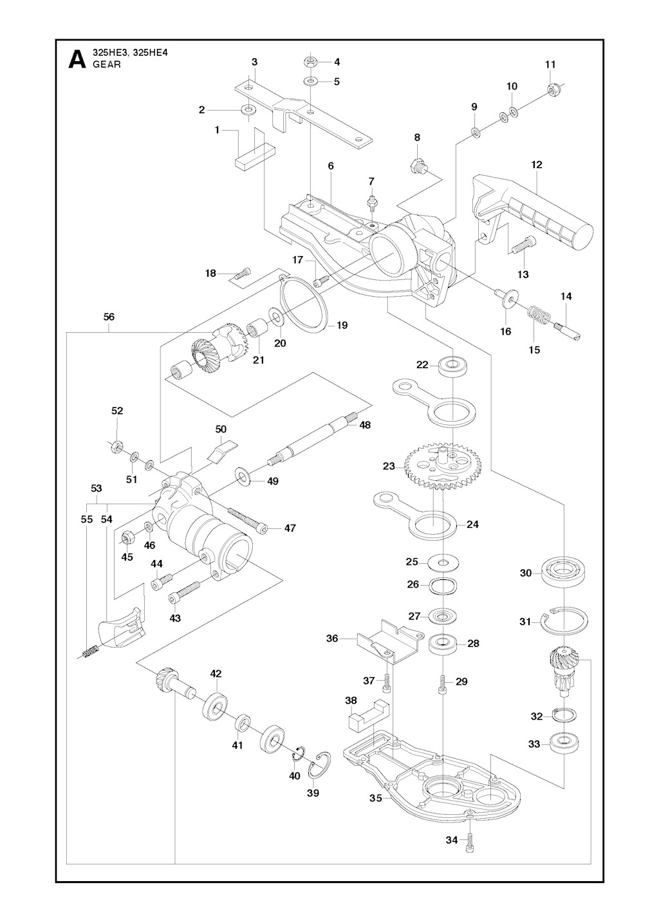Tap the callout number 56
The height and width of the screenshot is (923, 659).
tap(109, 317)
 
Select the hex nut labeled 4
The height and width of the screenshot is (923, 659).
tap(310, 62)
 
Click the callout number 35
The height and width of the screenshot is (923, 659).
tap(376, 798)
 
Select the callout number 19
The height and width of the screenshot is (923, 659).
tap(342, 326)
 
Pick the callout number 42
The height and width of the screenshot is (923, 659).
tap(216, 674)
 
